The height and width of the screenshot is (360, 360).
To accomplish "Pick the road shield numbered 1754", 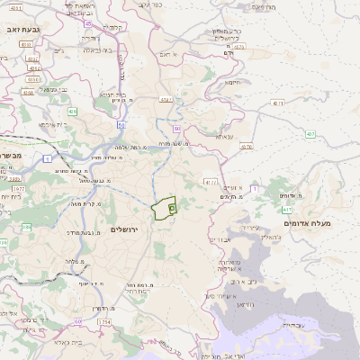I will point(104,322).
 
